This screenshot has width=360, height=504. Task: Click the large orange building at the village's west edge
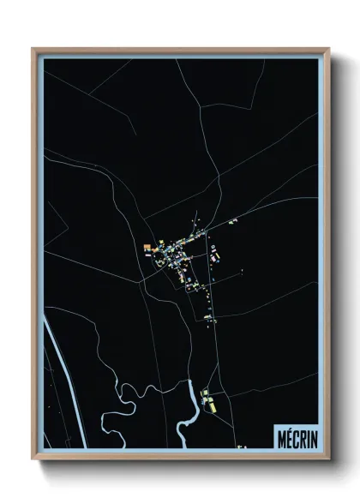(x=147, y=247)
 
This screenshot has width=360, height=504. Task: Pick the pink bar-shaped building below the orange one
(x=147, y=254)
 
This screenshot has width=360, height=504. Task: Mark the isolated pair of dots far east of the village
(x=243, y=272)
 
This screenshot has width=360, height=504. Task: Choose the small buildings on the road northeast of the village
(x=231, y=221)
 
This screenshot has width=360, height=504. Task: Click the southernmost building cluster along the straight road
(x=208, y=318)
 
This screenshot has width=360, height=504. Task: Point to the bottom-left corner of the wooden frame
(x=33, y=458)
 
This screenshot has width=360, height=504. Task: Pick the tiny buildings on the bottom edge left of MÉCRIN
(x=243, y=447)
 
